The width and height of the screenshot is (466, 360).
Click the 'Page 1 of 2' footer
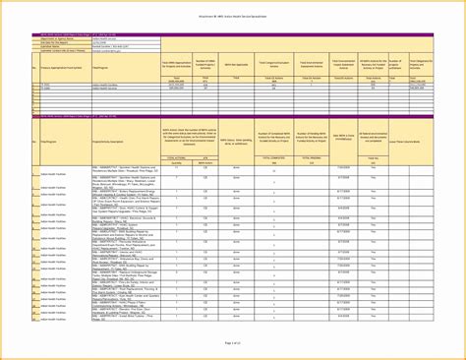[233, 341]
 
